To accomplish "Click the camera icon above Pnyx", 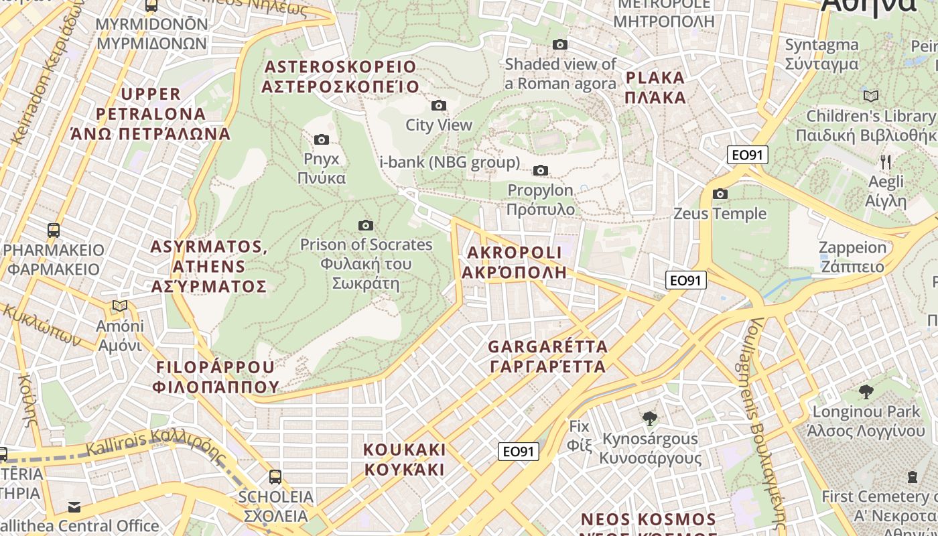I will [x=322, y=139].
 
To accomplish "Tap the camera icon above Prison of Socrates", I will [x=365, y=225].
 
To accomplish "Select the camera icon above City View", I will [x=439, y=105].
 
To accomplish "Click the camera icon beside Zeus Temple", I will [x=720, y=194].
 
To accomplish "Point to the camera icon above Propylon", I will [x=541, y=170].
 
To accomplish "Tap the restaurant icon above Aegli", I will [x=885, y=161].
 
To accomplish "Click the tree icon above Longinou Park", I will [x=866, y=391].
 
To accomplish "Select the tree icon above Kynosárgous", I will [x=649, y=419].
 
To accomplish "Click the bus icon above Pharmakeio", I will [x=54, y=230].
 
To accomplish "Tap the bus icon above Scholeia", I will [x=275, y=477].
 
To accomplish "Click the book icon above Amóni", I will [x=120, y=306].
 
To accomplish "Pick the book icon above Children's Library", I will [x=870, y=96].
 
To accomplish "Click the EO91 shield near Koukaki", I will [x=519, y=452].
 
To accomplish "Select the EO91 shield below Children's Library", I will [x=747, y=155].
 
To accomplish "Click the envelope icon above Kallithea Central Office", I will [x=74, y=507].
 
